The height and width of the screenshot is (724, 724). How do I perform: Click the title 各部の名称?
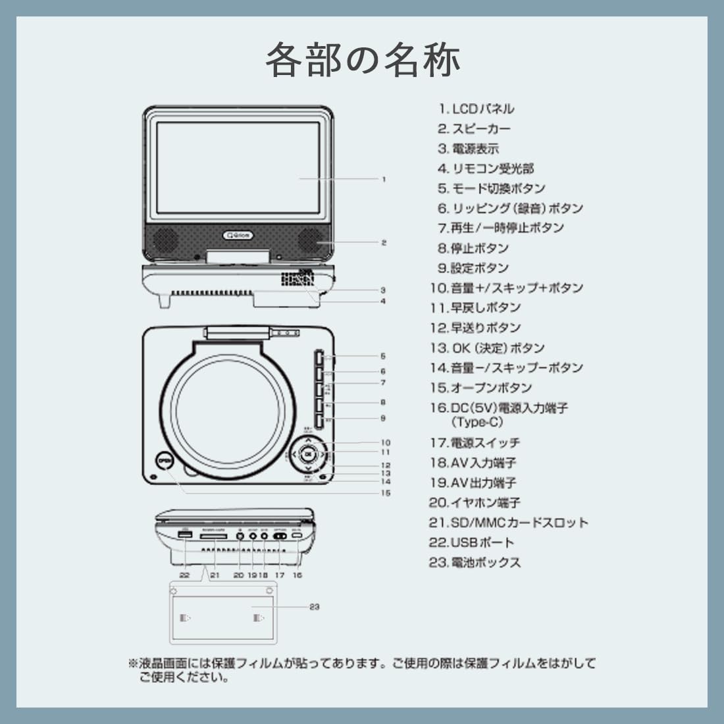[x=363, y=61]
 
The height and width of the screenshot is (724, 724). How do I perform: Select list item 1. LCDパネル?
[x=477, y=109]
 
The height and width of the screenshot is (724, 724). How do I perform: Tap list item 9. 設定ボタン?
[x=473, y=269]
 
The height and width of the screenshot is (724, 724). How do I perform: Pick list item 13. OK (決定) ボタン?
[x=488, y=348]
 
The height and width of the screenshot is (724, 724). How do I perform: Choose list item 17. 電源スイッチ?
[x=475, y=443]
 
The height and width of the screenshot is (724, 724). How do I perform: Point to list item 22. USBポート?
[x=471, y=543]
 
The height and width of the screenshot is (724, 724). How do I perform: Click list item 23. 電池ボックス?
[x=475, y=563]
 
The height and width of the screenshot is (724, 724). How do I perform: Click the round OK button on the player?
[x=307, y=453]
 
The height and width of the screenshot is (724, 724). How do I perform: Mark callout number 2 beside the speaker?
[x=384, y=243]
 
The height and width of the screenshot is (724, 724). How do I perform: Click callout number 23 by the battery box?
[x=315, y=607]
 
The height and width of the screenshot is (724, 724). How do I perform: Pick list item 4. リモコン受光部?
[x=486, y=169]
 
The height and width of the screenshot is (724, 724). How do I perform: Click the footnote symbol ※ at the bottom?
[x=132, y=663]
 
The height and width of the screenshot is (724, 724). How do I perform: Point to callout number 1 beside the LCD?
[x=384, y=179]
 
